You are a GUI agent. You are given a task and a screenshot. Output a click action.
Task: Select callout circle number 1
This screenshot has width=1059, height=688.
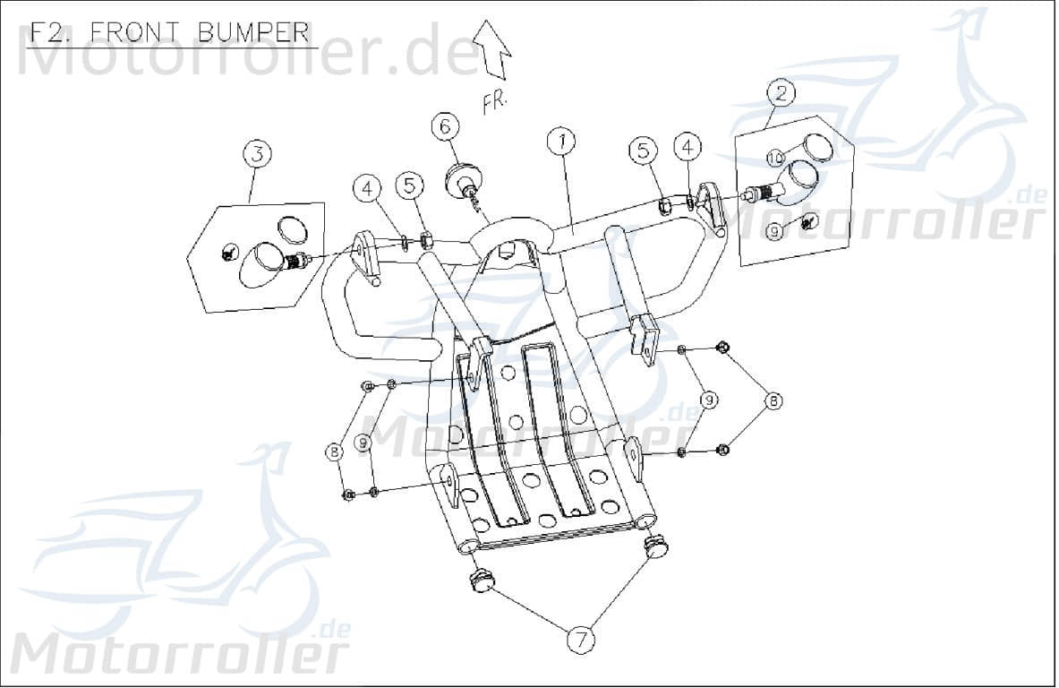(x=561, y=142)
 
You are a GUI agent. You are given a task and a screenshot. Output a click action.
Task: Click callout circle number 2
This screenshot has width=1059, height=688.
(x=781, y=92)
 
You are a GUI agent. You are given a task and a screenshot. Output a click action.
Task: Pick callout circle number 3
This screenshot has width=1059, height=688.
(x=257, y=153)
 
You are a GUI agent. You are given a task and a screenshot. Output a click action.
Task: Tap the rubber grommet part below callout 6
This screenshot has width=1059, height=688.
(x=465, y=177)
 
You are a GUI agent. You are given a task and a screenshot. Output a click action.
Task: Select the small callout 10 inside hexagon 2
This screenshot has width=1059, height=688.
(x=775, y=159)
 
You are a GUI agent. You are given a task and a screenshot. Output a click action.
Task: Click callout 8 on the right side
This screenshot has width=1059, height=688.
(x=772, y=400)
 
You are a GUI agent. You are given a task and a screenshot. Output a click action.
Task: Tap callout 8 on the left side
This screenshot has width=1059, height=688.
(x=334, y=452)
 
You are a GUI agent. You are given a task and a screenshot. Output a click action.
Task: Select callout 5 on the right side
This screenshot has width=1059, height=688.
(x=642, y=150)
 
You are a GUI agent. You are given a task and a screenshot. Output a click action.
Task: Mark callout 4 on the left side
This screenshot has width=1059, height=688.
(x=367, y=187)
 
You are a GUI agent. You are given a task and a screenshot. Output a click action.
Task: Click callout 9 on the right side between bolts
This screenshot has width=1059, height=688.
(x=709, y=400)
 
